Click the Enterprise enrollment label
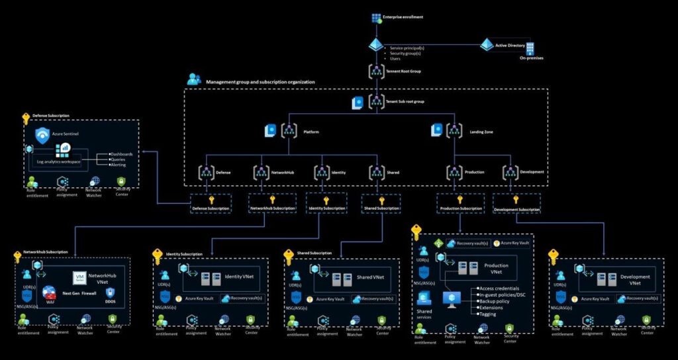pos(405,15)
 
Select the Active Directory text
pos(510,46)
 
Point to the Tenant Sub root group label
pos(406,102)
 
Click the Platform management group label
pos(312,132)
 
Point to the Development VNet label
pos(635,279)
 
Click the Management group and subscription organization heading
pos(260,81)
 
